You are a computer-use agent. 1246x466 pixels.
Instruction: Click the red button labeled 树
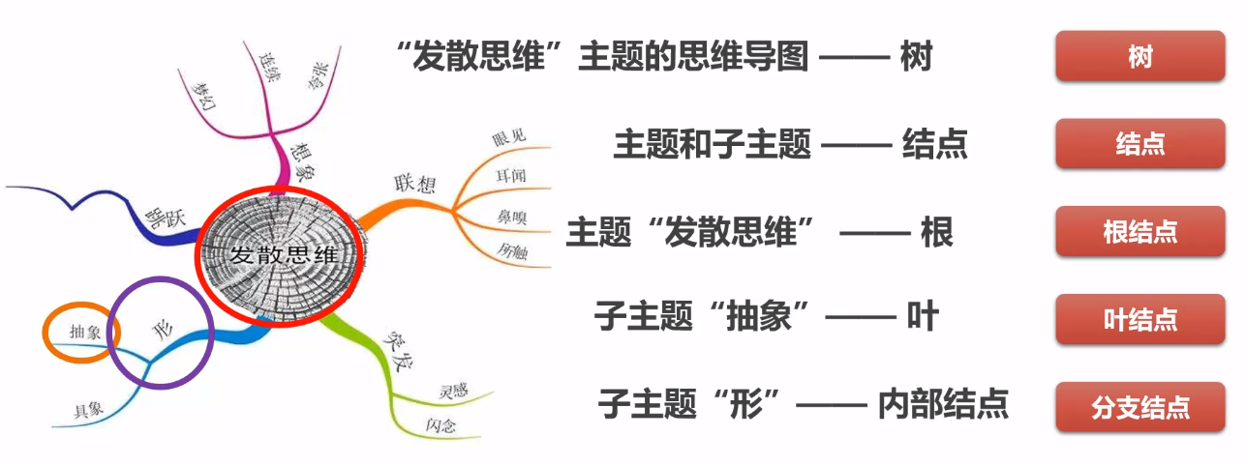click(1140, 57)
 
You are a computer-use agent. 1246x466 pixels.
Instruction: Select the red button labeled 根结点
click(1140, 232)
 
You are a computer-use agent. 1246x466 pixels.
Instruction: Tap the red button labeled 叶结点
click(1140, 320)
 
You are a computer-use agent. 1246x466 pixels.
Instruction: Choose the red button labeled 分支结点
click(1140, 407)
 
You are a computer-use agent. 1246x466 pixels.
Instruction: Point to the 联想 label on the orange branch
click(413, 184)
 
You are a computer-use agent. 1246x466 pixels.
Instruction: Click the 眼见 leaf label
click(508, 136)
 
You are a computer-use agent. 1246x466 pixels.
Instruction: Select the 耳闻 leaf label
click(508, 175)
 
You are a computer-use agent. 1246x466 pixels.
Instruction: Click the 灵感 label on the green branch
click(453, 392)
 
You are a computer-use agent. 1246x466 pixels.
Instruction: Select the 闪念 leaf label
click(441, 425)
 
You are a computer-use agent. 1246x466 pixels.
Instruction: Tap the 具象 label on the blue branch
click(89, 408)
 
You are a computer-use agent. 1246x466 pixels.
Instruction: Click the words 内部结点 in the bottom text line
click(943, 403)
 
